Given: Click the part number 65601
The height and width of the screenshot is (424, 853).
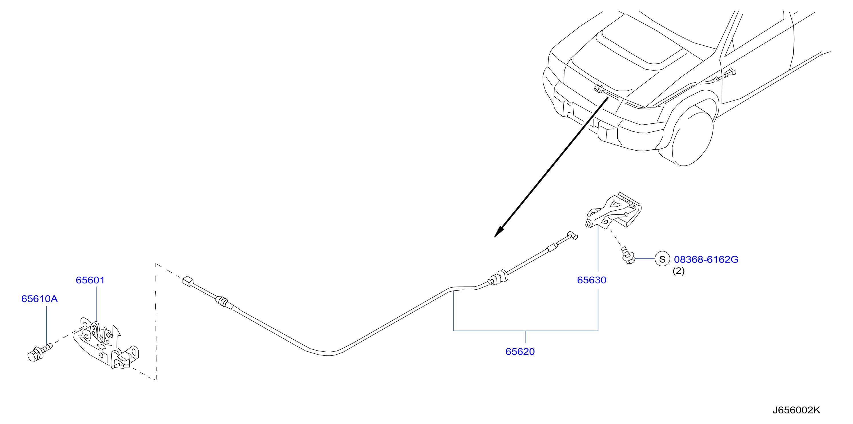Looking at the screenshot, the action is [x=90, y=280].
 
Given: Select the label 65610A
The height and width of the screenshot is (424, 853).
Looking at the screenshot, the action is [x=39, y=299].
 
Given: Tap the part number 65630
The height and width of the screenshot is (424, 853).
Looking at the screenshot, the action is [x=591, y=280].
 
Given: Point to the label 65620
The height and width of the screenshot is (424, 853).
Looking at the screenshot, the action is [x=520, y=351].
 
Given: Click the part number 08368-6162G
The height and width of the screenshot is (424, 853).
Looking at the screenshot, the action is [x=706, y=259].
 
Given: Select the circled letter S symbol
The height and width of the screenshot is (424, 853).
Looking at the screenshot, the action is [x=662, y=259].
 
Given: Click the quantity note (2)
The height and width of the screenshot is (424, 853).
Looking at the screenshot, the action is [x=678, y=271].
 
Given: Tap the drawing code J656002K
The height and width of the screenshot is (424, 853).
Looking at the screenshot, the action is [x=796, y=410].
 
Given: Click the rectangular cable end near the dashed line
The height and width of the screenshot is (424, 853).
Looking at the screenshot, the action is [x=188, y=281].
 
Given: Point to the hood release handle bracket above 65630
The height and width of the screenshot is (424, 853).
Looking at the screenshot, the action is [x=614, y=211].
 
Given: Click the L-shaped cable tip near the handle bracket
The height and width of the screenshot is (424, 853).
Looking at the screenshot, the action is [x=572, y=235].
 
